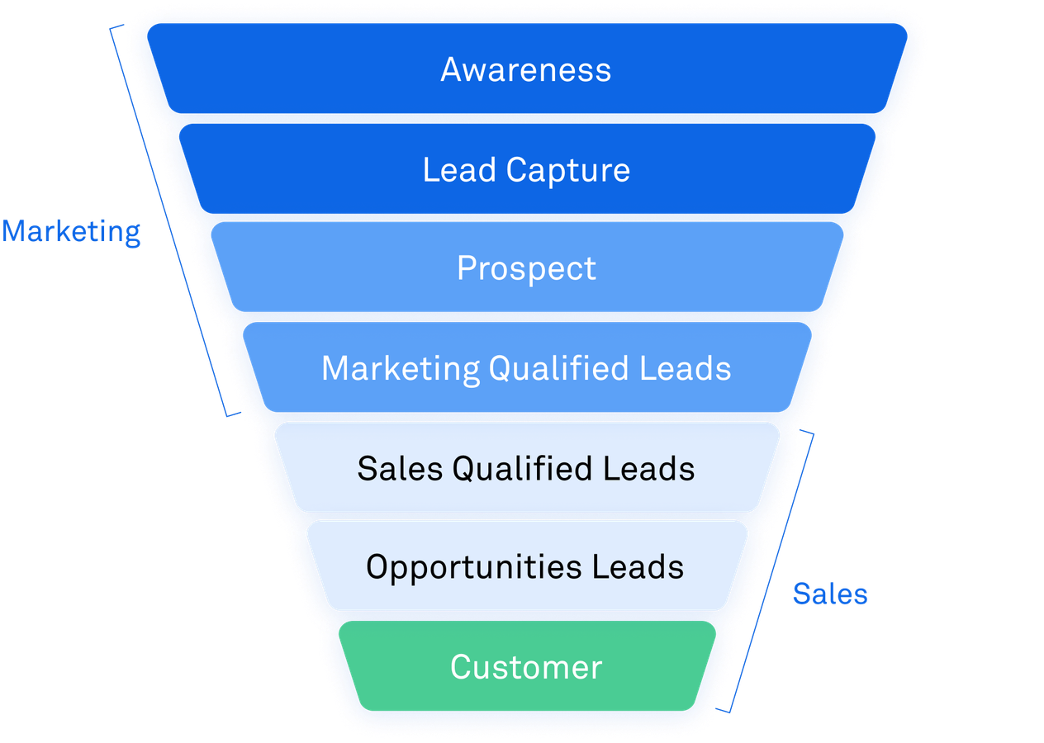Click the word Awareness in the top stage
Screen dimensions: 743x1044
point(526,70)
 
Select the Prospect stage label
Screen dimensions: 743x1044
point(526,269)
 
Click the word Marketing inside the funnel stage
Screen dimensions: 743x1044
point(401,368)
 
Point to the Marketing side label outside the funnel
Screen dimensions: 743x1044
point(71,232)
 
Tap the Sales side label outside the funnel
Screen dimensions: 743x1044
point(830,594)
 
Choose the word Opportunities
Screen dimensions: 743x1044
point(474,567)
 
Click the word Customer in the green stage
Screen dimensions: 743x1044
point(526,667)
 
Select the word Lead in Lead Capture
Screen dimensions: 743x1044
point(459,170)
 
